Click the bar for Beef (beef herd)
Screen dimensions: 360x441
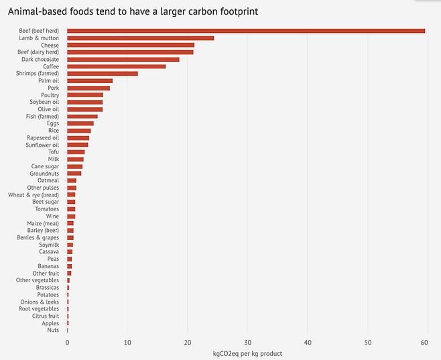click(246, 31)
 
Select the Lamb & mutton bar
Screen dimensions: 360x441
click(141, 38)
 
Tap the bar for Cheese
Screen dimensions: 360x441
click(131, 45)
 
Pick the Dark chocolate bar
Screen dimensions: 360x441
click(123, 60)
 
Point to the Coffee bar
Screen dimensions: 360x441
click(117, 66)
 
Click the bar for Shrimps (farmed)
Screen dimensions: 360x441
click(103, 74)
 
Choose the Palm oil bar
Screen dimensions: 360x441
click(90, 80)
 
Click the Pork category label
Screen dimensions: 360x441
click(53, 88)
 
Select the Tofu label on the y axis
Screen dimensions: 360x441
click(53, 152)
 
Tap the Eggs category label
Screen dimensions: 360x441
click(52, 123)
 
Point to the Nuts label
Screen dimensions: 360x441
click(53, 330)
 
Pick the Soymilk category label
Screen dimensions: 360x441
click(49, 245)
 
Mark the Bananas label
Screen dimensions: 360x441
click(48, 266)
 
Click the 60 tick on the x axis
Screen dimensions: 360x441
click(424, 343)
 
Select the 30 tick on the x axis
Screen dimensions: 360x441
click(247, 343)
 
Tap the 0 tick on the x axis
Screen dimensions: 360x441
click(67, 343)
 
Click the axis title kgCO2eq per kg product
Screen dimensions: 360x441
click(247, 353)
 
